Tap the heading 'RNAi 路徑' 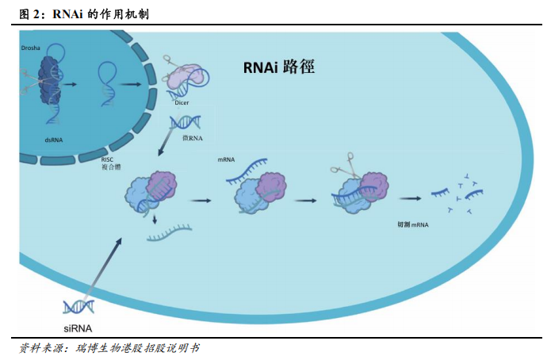tap(278, 67)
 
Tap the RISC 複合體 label tap(110, 163)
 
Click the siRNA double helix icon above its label tap(79, 306)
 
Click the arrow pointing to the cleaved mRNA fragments tap(409, 199)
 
